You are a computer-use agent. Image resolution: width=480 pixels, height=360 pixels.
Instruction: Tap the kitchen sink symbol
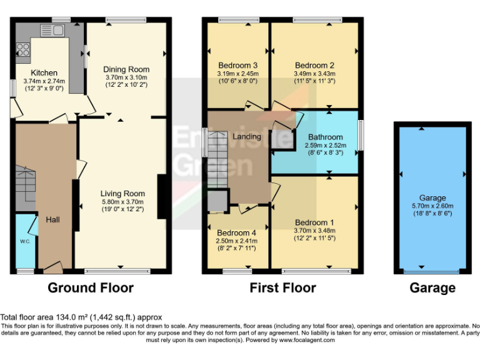click(51, 30)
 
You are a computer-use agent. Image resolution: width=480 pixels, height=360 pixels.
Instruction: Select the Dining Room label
click(126, 69)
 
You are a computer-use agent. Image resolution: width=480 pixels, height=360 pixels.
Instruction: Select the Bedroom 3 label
click(237, 65)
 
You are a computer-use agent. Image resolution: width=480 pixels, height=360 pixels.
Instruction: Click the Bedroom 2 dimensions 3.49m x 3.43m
click(314, 73)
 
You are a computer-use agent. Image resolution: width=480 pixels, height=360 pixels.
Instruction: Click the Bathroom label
click(325, 137)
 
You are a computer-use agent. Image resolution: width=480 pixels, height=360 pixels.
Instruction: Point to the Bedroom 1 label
click(314, 222)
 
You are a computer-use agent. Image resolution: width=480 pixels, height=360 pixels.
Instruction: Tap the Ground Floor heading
click(91, 288)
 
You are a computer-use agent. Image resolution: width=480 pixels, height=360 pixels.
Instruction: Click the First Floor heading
click(282, 288)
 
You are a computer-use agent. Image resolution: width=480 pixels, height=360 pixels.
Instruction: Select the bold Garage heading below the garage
click(432, 288)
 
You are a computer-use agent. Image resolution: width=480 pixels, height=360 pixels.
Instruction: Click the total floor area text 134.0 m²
click(61, 317)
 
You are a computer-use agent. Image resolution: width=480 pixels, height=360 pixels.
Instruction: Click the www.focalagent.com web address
click(307, 340)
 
